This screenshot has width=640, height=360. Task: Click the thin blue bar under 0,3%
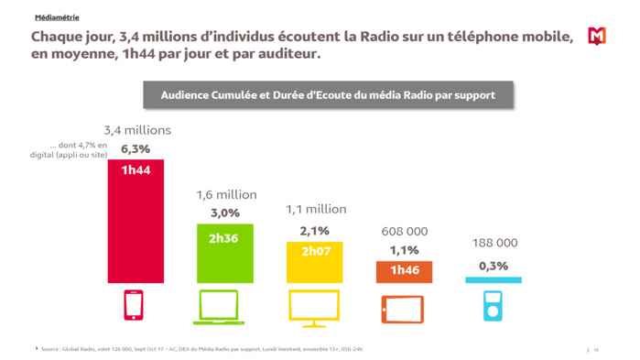click(x=494, y=280)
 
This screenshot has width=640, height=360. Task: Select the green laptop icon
click(x=219, y=308)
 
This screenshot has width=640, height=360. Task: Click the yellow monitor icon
click(x=314, y=309)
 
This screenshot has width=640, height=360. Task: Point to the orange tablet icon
click(x=403, y=309)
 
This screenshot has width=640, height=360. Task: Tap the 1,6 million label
click(x=227, y=194)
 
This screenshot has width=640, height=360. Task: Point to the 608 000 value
click(x=404, y=231)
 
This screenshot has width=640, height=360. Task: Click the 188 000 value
click(x=494, y=243)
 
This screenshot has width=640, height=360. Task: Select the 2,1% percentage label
click(x=314, y=231)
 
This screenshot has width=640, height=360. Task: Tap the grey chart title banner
click(x=328, y=94)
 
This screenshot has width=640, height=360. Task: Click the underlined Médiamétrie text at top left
click(x=57, y=17)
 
